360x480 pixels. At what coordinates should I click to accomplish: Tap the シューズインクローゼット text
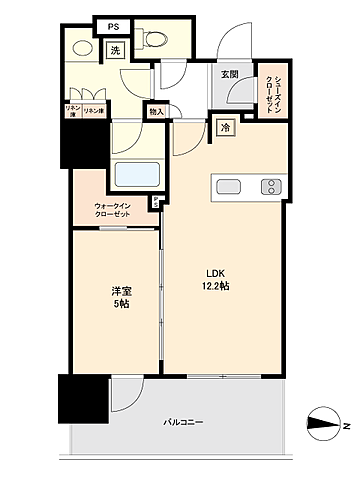pos(269,93)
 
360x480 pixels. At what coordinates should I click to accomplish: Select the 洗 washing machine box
pos(115,51)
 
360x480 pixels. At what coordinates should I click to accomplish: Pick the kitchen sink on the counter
pos(226,186)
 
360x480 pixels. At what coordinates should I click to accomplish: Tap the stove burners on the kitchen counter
pos(271,186)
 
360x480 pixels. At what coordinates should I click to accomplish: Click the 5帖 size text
pos(120,304)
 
